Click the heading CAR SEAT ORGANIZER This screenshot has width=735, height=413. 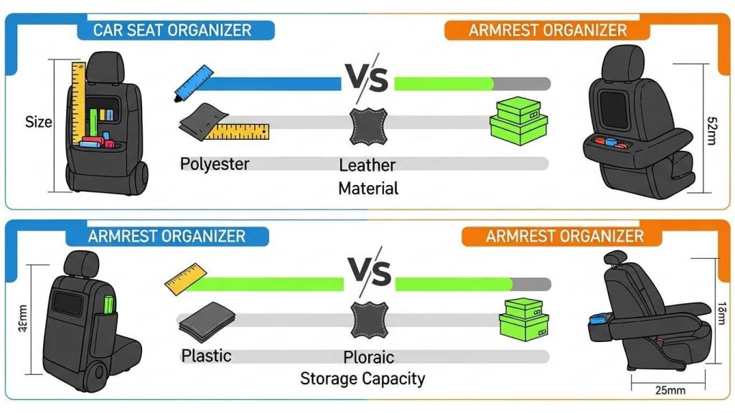pyautogui.click(x=172, y=30)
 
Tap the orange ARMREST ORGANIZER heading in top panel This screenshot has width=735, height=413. pyautogui.click(x=548, y=30)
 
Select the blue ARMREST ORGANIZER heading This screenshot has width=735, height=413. pyautogui.click(x=167, y=236)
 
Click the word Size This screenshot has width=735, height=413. pyautogui.click(x=39, y=122)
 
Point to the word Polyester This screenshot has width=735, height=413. pyautogui.click(x=215, y=163)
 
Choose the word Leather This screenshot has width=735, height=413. pyautogui.click(x=367, y=166)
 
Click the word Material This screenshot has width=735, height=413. pyautogui.click(x=368, y=189)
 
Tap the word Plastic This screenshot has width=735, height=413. pyautogui.click(x=206, y=355)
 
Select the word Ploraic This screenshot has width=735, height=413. pyautogui.click(x=368, y=356)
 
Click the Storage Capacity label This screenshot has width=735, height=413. pyautogui.click(x=362, y=378)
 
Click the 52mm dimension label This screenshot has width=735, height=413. pyautogui.click(x=711, y=130)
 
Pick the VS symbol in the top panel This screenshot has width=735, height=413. pyautogui.click(x=367, y=79)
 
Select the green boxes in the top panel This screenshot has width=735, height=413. pyautogui.click(x=518, y=120)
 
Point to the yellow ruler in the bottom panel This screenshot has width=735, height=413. pyautogui.click(x=185, y=279)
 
